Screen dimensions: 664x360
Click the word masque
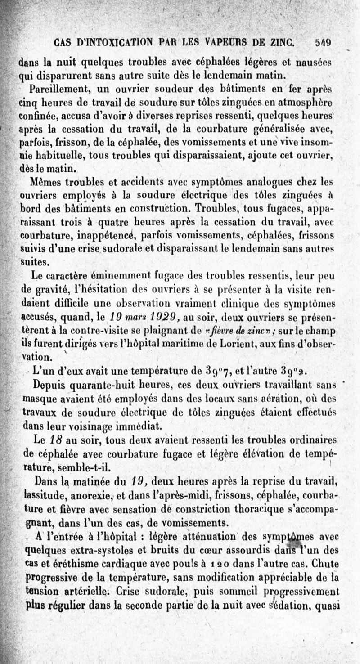(x=38, y=399)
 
